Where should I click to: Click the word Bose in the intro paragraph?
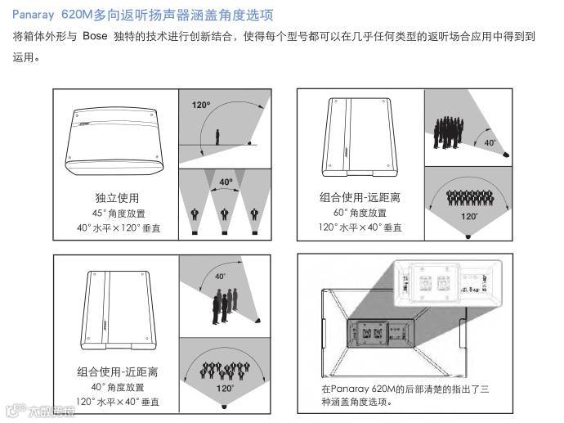(96, 38)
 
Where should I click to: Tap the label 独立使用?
(117, 198)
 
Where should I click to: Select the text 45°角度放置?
(117, 213)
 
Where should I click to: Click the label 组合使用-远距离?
(360, 198)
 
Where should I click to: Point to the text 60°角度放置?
(360, 212)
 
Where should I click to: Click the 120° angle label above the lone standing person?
(202, 106)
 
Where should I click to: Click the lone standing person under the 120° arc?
(217, 137)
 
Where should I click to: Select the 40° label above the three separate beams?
(225, 181)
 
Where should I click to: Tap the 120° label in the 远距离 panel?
(468, 217)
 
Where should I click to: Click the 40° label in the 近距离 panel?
(221, 277)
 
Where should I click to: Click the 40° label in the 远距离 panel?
(490, 142)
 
